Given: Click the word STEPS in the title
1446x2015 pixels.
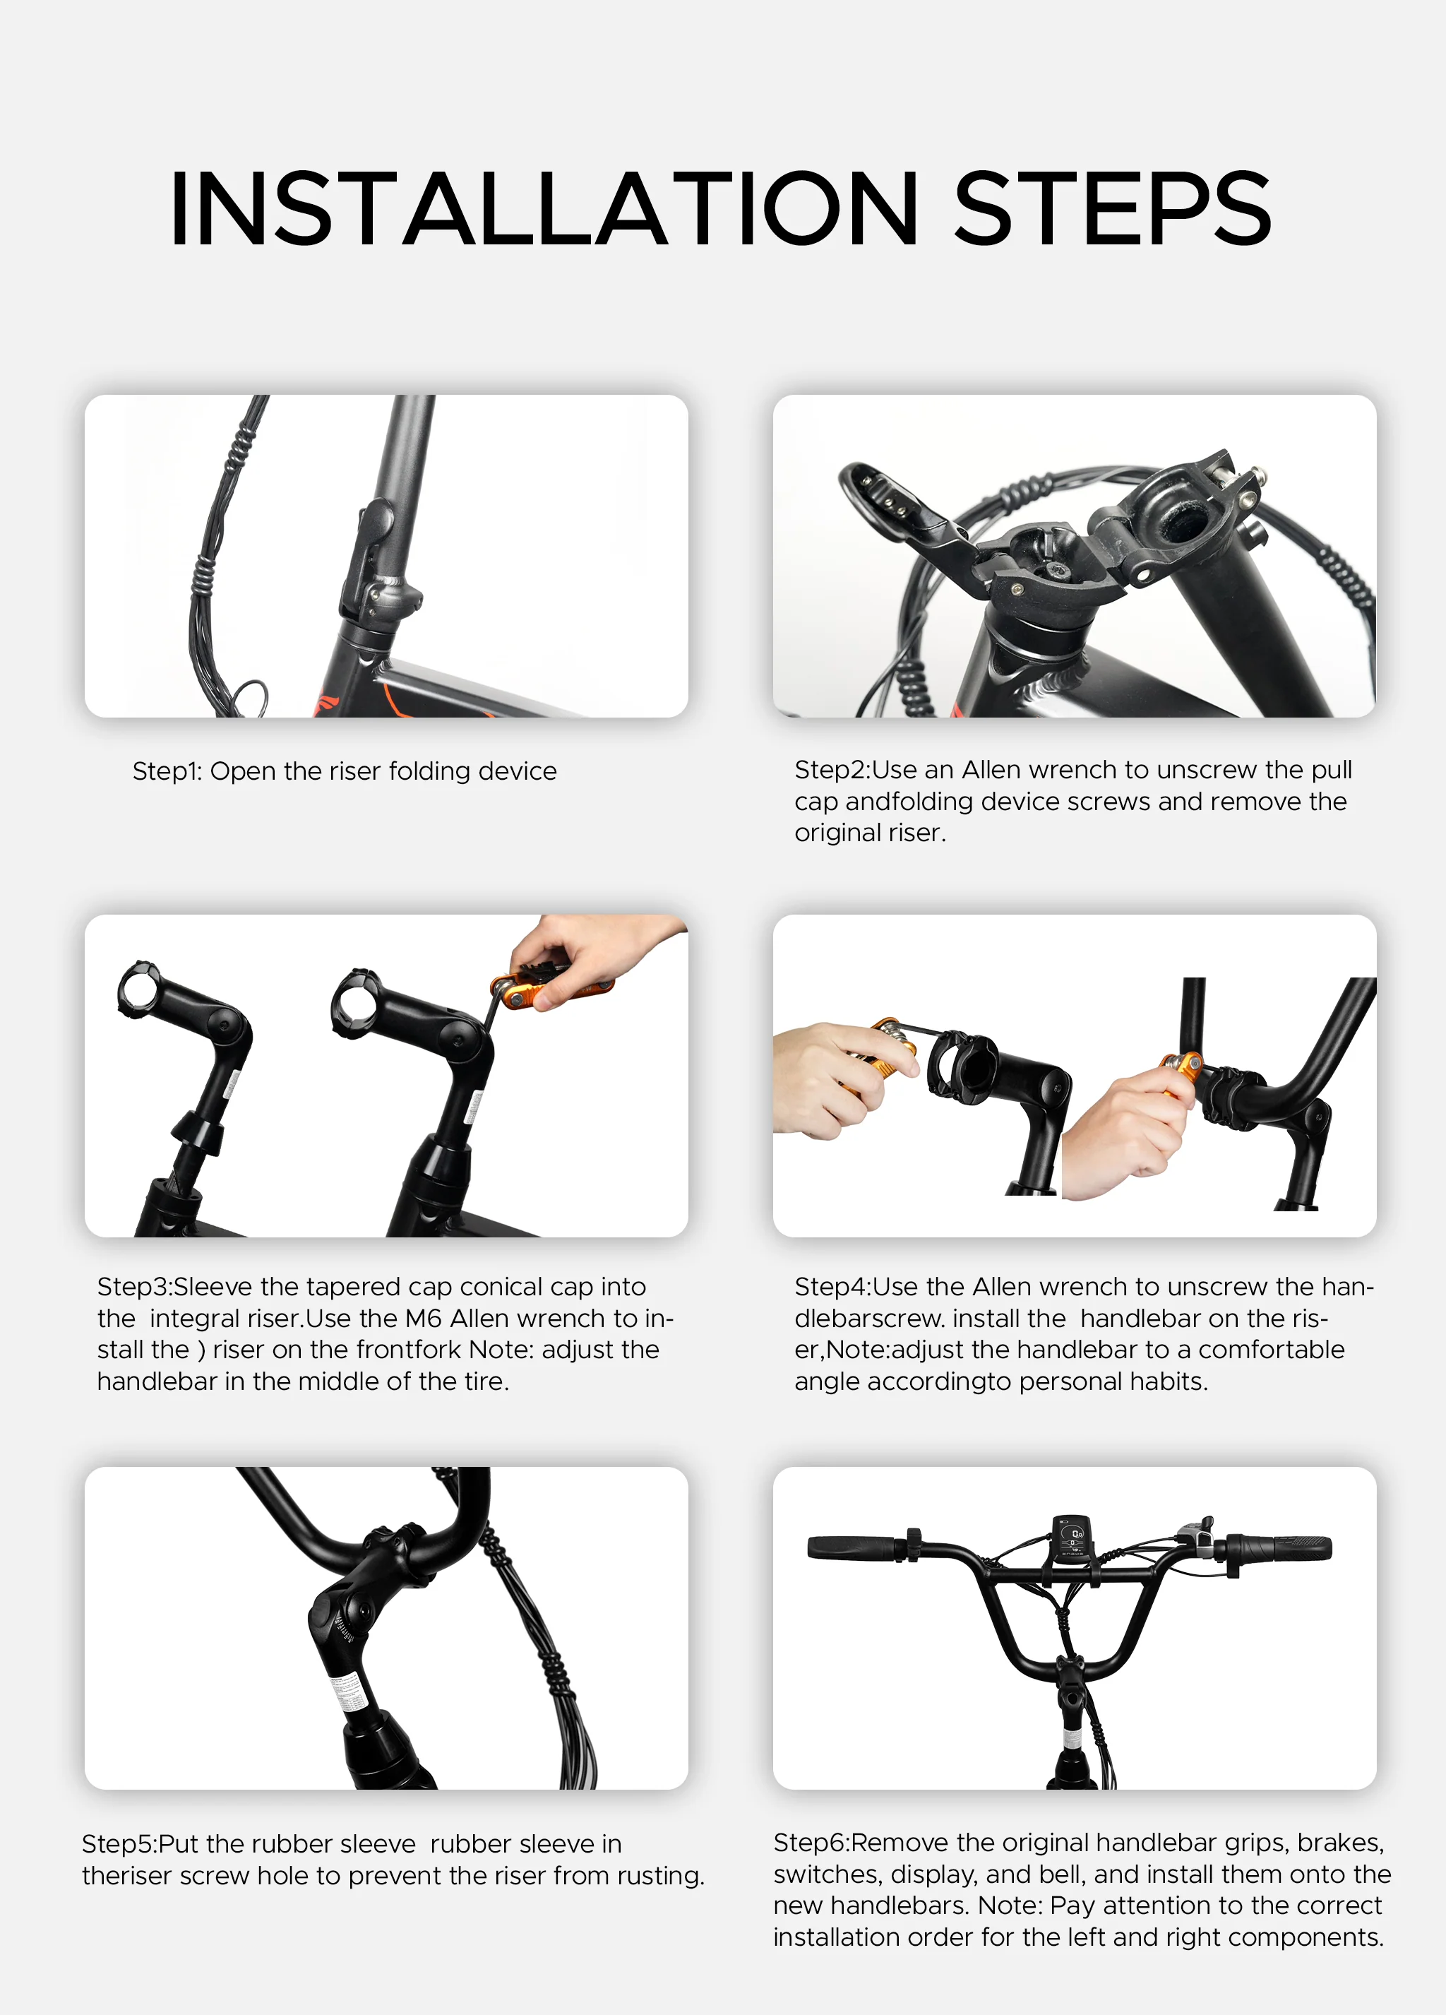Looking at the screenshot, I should coord(1112,209).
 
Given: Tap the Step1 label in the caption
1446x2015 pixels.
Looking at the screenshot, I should coord(166,771).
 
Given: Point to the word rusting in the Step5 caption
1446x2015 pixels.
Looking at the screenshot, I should coord(658,1876).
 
